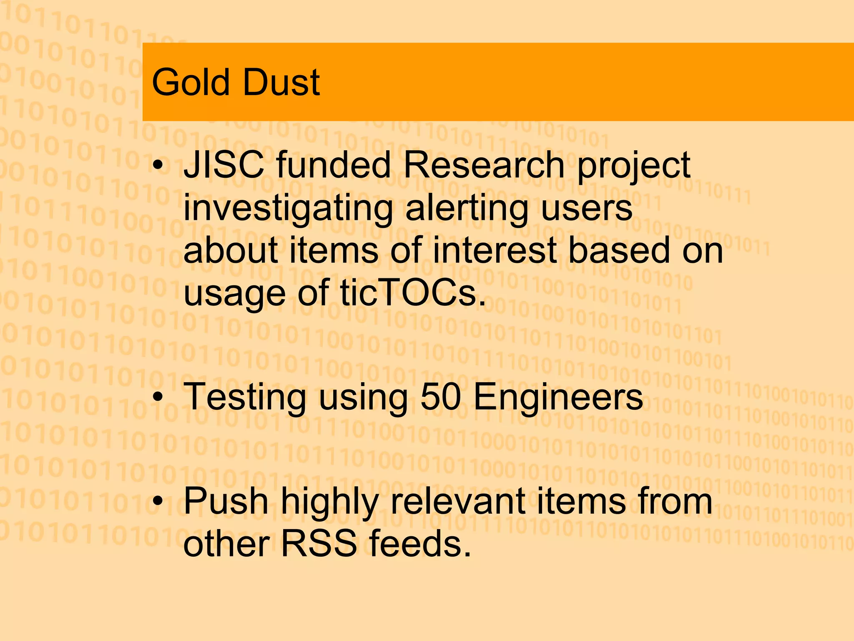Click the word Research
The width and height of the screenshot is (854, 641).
[x=483, y=165]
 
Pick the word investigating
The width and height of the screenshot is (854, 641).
[x=288, y=209]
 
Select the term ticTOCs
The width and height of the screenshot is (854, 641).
[x=412, y=293]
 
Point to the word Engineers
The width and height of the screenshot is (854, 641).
[x=558, y=397]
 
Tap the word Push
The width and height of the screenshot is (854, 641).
[x=226, y=501]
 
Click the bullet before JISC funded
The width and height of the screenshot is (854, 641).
[x=158, y=166]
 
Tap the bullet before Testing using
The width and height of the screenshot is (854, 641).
[x=158, y=398]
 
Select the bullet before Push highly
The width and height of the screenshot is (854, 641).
[x=158, y=502]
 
